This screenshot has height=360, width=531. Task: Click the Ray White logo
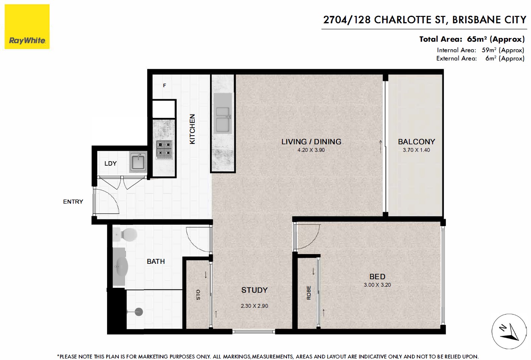click(27, 27)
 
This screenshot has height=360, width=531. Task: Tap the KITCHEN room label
click(192, 129)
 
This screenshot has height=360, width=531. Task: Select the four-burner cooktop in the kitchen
click(164, 150)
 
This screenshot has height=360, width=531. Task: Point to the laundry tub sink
click(138, 162)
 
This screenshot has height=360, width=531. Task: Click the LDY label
click(110, 163)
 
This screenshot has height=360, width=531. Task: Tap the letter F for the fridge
click(164, 85)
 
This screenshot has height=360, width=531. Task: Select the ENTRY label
click(73, 201)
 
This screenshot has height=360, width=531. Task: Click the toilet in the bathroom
click(125, 234)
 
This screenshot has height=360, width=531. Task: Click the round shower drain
click(139, 312)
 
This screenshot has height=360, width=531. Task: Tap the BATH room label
click(156, 261)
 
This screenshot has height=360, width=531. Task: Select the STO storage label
click(198, 295)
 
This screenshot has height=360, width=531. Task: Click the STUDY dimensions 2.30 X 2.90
click(254, 306)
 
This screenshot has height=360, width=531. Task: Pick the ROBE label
click(309, 293)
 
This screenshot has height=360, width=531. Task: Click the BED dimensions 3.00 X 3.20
click(377, 285)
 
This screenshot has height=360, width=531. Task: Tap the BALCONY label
click(416, 142)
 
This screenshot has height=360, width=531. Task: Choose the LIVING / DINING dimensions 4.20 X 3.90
click(311, 150)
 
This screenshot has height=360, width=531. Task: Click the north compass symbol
click(509, 331)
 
